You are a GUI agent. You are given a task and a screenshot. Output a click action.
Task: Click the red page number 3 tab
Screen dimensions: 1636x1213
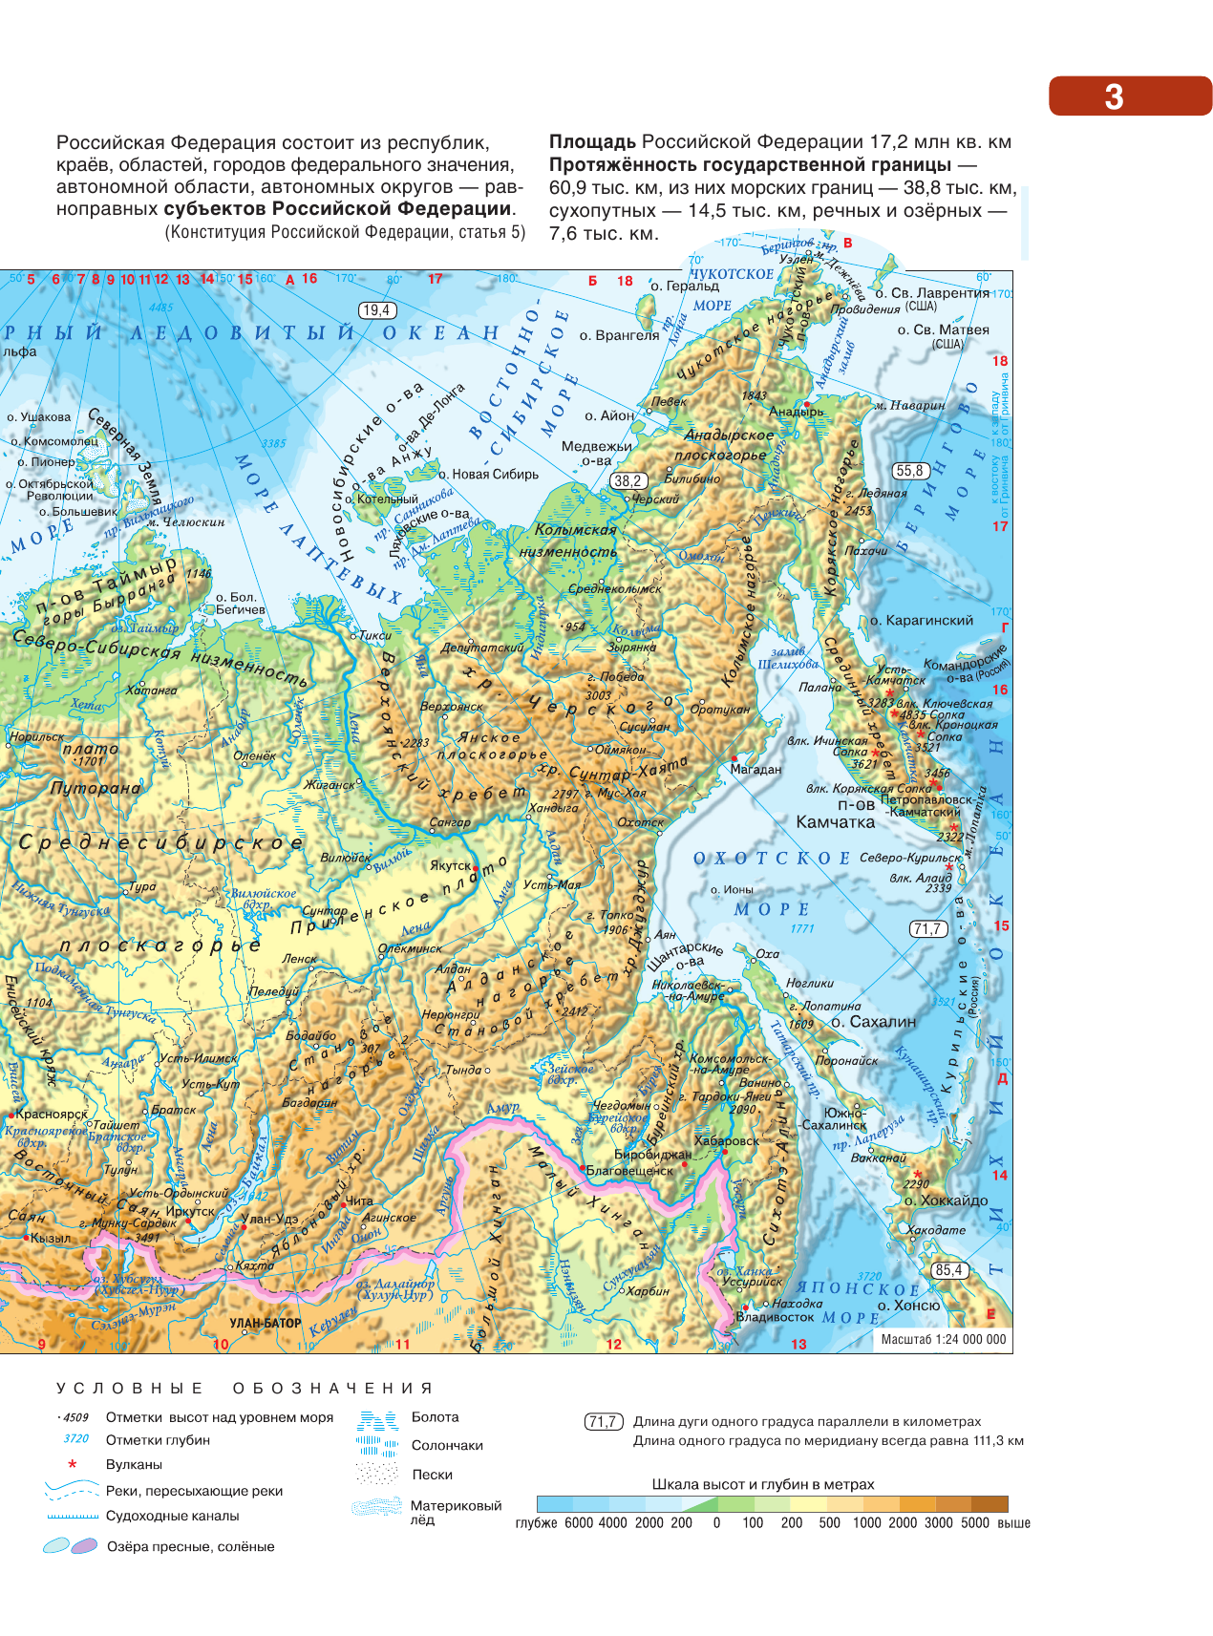1129,96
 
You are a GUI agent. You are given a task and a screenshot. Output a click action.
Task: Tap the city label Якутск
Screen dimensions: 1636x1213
451,865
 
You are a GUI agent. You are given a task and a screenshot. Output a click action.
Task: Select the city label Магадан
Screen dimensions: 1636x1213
755,769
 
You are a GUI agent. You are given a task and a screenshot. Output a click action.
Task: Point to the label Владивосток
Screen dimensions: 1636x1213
775,1317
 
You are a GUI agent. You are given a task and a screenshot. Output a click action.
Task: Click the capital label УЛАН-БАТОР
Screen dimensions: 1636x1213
266,1324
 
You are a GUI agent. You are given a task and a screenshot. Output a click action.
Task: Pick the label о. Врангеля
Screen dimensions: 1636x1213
619,335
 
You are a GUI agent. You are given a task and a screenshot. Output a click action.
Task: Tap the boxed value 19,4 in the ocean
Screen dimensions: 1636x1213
376,310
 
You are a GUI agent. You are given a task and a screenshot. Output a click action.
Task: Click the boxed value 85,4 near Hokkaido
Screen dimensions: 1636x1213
949,1270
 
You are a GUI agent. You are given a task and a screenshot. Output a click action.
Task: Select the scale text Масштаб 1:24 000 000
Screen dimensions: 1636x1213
943,1339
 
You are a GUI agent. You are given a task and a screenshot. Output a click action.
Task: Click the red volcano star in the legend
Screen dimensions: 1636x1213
72,1464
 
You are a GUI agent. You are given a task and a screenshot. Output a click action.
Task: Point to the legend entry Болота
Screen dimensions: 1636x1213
435,1417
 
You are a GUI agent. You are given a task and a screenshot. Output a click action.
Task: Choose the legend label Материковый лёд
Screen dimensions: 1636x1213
456,1512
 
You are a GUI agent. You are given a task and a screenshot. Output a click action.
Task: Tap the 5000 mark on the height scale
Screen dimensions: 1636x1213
975,1522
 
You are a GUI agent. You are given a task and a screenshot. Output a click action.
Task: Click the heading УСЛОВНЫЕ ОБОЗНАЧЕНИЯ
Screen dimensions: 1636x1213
245,1388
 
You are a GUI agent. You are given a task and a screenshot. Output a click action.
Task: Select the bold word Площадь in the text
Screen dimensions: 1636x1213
591,142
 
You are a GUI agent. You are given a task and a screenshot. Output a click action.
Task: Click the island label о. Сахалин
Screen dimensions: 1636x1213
873,1021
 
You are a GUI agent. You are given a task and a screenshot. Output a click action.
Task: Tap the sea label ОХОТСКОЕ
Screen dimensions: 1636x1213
771,858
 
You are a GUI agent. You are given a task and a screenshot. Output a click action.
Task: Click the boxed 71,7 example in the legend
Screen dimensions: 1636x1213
603,1422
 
